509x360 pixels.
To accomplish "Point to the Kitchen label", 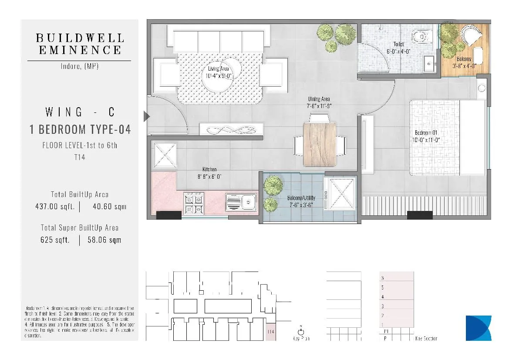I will (209, 173).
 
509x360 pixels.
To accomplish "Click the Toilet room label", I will (398, 48).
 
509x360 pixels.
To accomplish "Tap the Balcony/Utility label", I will (301, 201).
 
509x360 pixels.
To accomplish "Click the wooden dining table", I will (320, 144).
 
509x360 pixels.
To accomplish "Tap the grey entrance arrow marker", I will (146, 116).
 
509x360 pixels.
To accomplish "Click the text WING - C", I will (80, 112).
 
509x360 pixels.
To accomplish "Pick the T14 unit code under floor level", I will (80, 157).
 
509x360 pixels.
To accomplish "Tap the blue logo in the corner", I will (478, 328).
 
